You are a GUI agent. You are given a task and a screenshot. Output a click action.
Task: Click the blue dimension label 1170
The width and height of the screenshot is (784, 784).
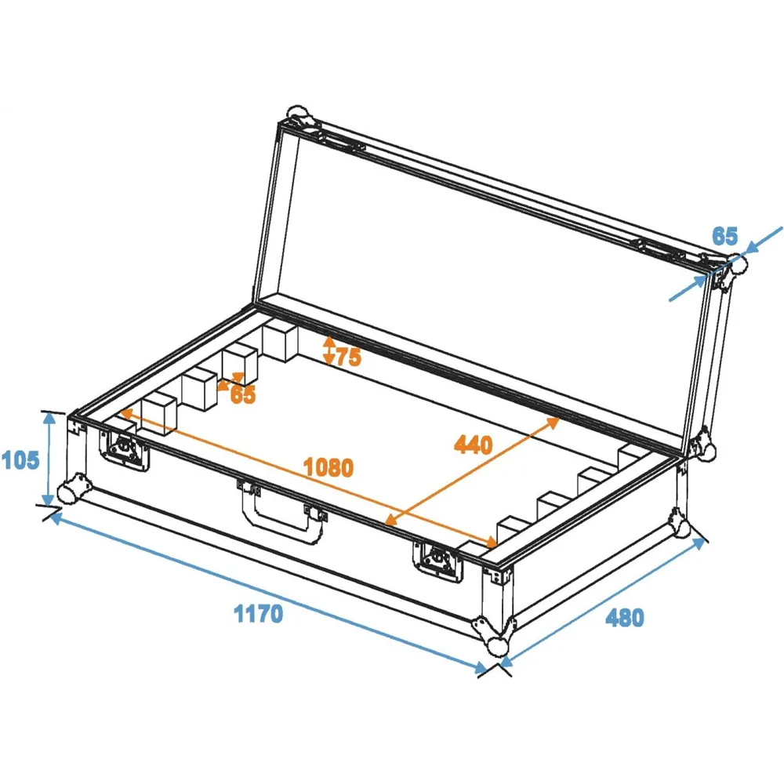click(259, 613)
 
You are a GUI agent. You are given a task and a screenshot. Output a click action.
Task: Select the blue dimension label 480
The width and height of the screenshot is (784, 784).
click(625, 618)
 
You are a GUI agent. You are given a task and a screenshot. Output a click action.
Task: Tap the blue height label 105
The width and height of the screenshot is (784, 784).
click(20, 459)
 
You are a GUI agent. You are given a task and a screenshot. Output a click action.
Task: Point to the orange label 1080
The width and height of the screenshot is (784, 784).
click(328, 467)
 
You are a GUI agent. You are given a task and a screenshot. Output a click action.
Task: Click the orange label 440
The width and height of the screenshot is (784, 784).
click(473, 445)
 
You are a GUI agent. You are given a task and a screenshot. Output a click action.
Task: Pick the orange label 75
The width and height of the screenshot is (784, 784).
click(349, 357)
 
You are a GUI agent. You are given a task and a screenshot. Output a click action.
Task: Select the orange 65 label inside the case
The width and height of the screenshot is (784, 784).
click(243, 394)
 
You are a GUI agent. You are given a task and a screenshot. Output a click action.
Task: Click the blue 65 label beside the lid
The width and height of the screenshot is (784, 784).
click(724, 236)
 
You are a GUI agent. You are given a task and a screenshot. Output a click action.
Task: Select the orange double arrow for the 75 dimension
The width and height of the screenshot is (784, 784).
click(328, 350)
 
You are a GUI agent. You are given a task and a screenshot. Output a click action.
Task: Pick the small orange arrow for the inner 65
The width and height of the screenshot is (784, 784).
click(230, 381)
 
